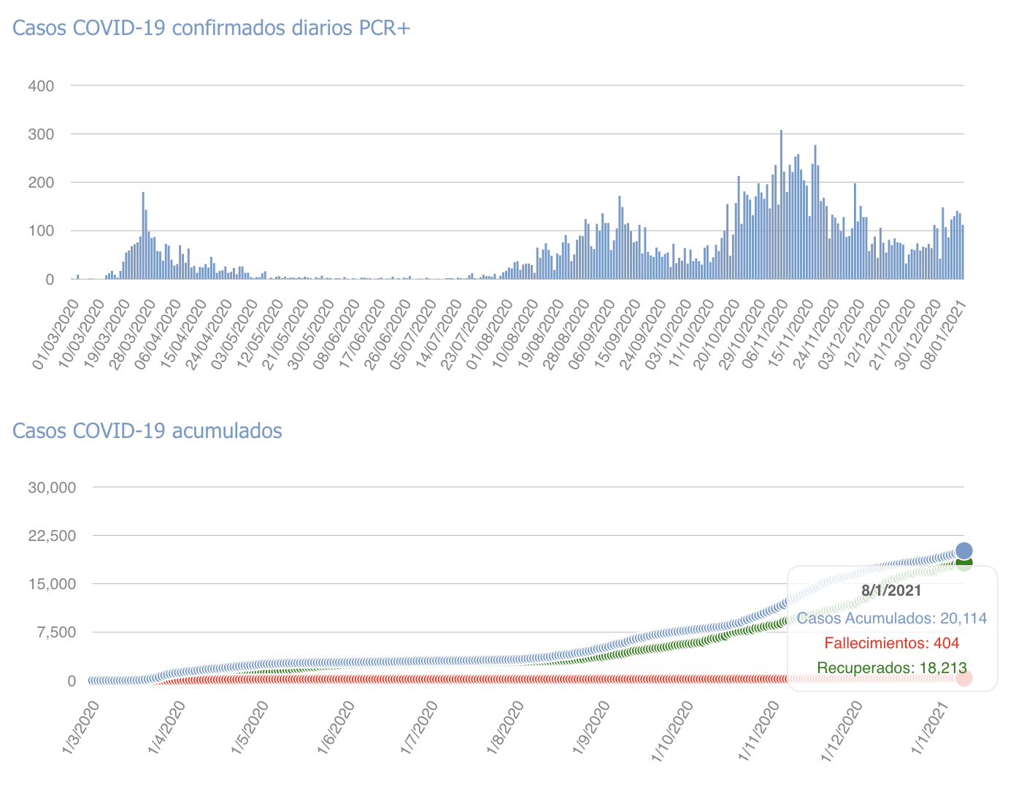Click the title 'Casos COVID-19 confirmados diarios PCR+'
pyautogui.click(x=212, y=28)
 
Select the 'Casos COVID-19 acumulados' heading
pyautogui.click(x=147, y=431)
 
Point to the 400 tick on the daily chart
pyautogui.click(x=41, y=86)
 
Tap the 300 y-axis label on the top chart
pyautogui.click(x=41, y=134)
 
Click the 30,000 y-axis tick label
pyautogui.click(x=52, y=487)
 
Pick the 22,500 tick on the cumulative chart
pyautogui.click(x=52, y=536)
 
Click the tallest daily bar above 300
pyautogui.click(x=781, y=204)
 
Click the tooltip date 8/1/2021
pyautogui.click(x=891, y=591)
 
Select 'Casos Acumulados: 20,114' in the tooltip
pyautogui.click(x=891, y=618)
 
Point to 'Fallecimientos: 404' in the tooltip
pyautogui.click(x=891, y=643)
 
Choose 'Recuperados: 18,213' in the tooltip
pyautogui.click(x=891, y=668)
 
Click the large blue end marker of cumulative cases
pyautogui.click(x=963, y=550)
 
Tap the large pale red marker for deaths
pyautogui.click(x=963, y=678)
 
